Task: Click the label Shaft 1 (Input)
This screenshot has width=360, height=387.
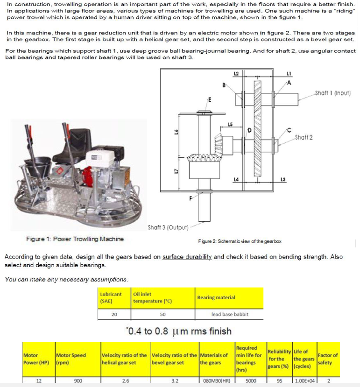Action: [x=332, y=93]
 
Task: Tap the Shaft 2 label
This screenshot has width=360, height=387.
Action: [x=304, y=137]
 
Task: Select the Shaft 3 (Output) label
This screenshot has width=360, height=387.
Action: [x=168, y=228]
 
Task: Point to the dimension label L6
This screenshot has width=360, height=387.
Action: [x=175, y=133]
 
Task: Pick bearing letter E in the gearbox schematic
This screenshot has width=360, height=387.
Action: [x=209, y=99]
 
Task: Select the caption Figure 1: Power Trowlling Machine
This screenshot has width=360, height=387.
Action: [x=75, y=239]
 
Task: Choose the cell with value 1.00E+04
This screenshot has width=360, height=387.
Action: [x=305, y=381]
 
